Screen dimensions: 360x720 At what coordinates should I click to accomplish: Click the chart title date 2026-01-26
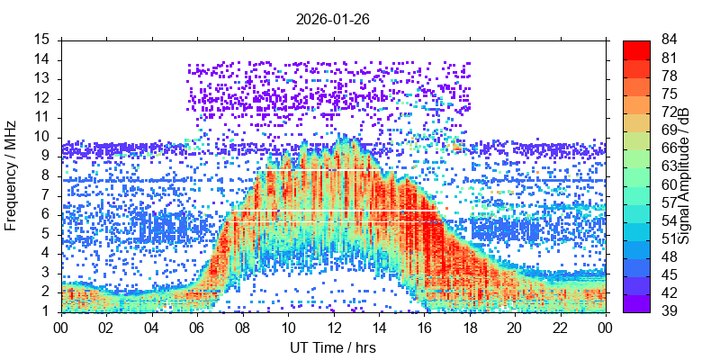332,18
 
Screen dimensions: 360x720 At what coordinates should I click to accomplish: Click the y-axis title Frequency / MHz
12,175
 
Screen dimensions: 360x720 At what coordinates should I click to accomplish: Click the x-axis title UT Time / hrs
332,347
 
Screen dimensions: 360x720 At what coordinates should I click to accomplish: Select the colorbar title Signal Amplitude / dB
684,175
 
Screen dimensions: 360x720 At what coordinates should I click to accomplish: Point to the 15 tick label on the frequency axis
42,40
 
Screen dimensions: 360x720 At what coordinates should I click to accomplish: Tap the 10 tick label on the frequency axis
42,137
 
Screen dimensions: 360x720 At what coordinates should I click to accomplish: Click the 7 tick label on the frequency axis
46,195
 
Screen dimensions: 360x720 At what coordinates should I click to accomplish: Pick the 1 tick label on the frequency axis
46,311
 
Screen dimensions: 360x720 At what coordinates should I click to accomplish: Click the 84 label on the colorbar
670,40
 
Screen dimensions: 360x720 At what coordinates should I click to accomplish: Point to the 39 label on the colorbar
670,311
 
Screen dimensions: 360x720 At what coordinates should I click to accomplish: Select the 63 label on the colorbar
670,166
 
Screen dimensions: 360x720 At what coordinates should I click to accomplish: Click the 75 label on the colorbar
670,94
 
